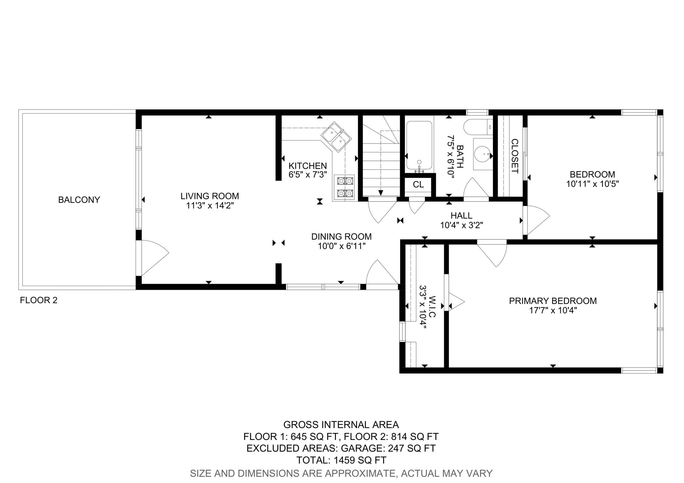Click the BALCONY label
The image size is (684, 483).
79,200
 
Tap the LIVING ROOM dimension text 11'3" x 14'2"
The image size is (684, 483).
210,206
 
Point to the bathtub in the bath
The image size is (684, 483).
419,146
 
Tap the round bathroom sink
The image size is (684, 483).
483,155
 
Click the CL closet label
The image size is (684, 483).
418,185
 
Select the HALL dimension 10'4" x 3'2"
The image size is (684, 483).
462,225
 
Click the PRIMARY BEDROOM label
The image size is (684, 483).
553,301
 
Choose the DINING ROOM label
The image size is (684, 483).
341,237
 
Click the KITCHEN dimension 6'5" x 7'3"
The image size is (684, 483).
308,175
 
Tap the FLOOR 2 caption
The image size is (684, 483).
39,300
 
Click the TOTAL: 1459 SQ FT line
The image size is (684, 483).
341,460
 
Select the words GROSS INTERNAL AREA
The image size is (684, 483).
341,425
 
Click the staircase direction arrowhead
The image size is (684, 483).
380,193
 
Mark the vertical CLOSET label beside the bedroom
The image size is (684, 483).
515,156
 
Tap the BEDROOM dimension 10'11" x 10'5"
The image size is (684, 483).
592,184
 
